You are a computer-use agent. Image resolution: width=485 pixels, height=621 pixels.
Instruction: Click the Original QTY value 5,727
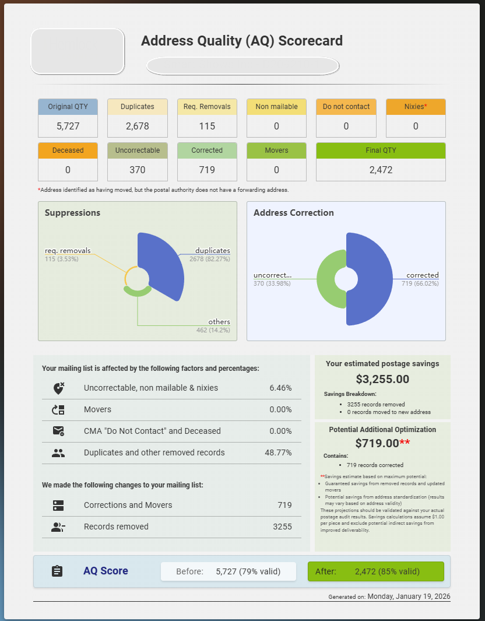click(x=68, y=126)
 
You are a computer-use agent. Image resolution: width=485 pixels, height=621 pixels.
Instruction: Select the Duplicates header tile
click(x=137, y=107)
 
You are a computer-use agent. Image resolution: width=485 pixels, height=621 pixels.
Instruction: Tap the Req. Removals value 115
click(x=207, y=126)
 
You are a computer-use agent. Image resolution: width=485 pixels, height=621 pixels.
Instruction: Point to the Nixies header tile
click(x=416, y=107)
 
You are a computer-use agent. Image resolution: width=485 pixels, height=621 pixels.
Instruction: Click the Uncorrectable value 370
click(x=137, y=170)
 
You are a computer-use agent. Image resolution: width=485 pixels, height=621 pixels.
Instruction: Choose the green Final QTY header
click(x=381, y=150)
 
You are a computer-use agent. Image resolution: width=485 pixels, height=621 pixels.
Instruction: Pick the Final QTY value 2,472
click(x=381, y=170)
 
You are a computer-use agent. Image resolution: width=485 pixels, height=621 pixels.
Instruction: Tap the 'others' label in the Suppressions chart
click(x=219, y=322)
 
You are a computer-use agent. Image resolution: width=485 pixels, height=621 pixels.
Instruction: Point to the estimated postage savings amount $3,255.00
click(x=382, y=380)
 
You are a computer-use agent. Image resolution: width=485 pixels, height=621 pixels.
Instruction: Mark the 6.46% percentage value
click(x=280, y=388)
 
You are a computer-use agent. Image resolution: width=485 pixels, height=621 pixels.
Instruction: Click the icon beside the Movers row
click(x=58, y=409)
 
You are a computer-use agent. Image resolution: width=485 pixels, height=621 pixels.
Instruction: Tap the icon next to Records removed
click(x=58, y=527)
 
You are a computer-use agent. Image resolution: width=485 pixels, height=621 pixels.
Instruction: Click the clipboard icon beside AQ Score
click(x=57, y=571)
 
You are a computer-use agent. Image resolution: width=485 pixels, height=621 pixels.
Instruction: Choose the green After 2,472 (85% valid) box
click(x=375, y=571)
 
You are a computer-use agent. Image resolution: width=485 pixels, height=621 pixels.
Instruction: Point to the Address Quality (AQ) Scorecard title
click(x=242, y=41)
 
